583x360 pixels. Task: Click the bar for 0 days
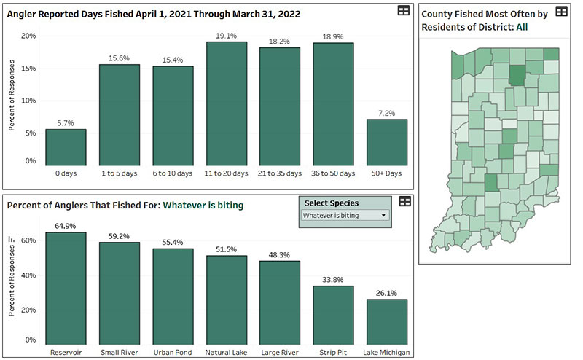tap(66, 146)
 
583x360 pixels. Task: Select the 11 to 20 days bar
tap(226, 103)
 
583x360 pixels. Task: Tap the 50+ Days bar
tap(386, 141)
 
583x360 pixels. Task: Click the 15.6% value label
tap(120, 58)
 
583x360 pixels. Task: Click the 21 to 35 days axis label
tap(280, 173)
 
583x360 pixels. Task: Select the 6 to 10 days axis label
tap(173, 173)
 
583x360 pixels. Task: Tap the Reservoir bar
tap(66, 288)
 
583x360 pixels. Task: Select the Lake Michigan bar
tap(386, 321)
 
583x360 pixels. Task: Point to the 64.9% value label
tap(66, 226)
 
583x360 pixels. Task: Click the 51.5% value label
tap(226, 249)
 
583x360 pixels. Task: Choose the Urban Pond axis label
tap(173, 353)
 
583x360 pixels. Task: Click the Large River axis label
tap(280, 353)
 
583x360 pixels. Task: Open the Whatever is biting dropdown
tap(345, 216)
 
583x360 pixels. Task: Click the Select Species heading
tap(332, 203)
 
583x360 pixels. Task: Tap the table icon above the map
tap(561, 11)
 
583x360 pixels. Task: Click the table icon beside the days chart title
tap(403, 11)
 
